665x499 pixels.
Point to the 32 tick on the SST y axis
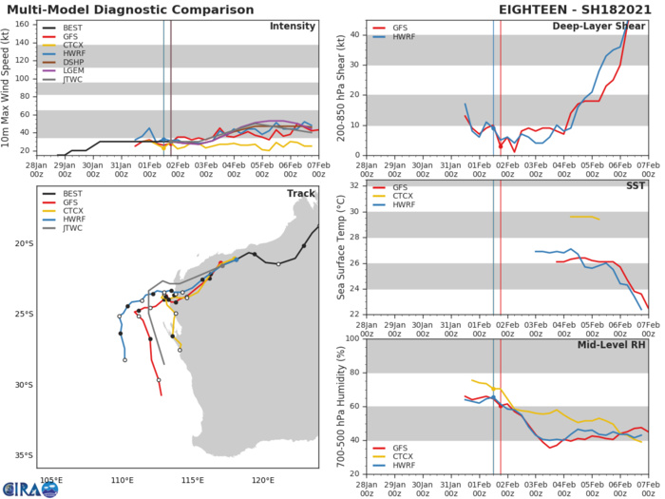[x=353, y=184]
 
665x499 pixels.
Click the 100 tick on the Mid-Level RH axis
[x=351, y=338]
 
